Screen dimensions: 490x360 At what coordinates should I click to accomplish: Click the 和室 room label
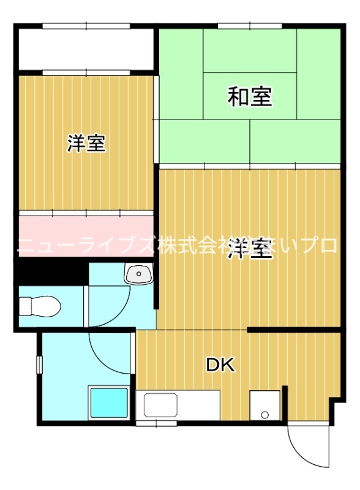(x=250, y=97)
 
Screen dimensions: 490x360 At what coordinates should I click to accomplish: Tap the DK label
(x=220, y=366)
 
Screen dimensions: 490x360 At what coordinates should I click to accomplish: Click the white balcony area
(x=86, y=49)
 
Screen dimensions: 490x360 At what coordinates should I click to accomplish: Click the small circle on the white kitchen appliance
(x=264, y=415)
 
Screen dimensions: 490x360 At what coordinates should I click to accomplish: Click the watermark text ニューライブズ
(x=86, y=246)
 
